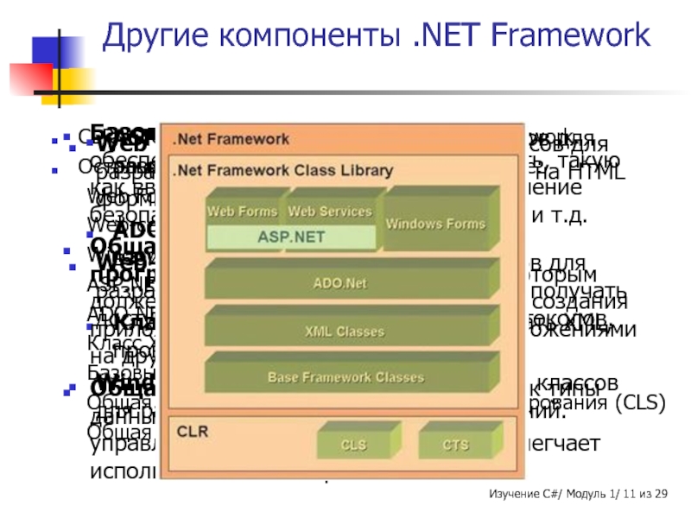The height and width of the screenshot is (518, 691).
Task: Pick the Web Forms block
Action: (242, 211)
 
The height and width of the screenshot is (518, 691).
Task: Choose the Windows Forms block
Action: (423, 224)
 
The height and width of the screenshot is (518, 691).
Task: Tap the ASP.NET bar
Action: (291, 235)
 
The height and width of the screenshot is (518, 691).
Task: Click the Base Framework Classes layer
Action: (345, 377)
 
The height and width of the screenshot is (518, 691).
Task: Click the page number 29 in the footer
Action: (661, 493)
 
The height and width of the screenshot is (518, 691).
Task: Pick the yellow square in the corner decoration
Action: (73, 85)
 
